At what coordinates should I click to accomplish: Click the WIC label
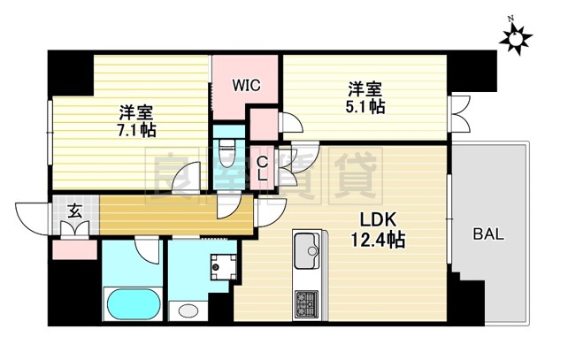click(246, 86)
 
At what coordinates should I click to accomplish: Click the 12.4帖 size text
click(375, 241)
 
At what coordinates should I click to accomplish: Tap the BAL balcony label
click(488, 234)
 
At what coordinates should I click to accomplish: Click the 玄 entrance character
click(75, 211)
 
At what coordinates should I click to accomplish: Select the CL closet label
click(263, 168)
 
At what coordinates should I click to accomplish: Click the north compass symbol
click(513, 36)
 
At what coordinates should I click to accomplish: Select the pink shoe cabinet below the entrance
click(74, 249)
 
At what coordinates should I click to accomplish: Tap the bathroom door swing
click(147, 250)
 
